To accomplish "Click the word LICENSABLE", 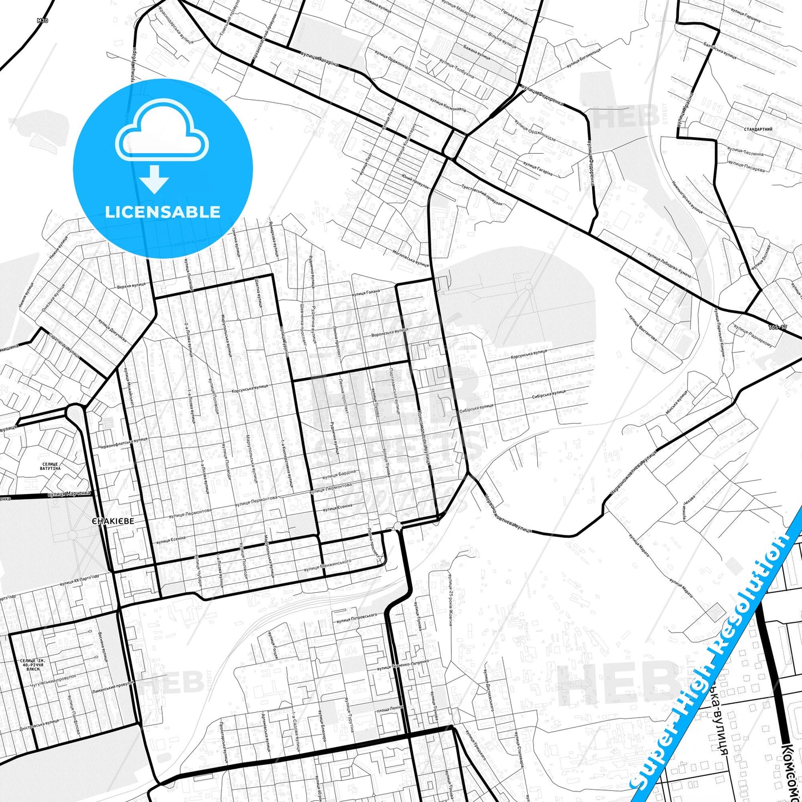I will coord(163,212).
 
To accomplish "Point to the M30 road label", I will coord(43,21).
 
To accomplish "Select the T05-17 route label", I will coord(778,327).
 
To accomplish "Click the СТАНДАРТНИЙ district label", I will coord(758,129).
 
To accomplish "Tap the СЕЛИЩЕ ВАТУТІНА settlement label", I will coord(50,466).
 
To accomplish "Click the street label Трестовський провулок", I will coord(482,195).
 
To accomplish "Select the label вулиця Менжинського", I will coord(327,565).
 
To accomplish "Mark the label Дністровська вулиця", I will coord(39,725).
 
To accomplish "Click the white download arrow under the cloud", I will coord(154,179).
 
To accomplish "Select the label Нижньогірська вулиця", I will coord(687,196).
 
